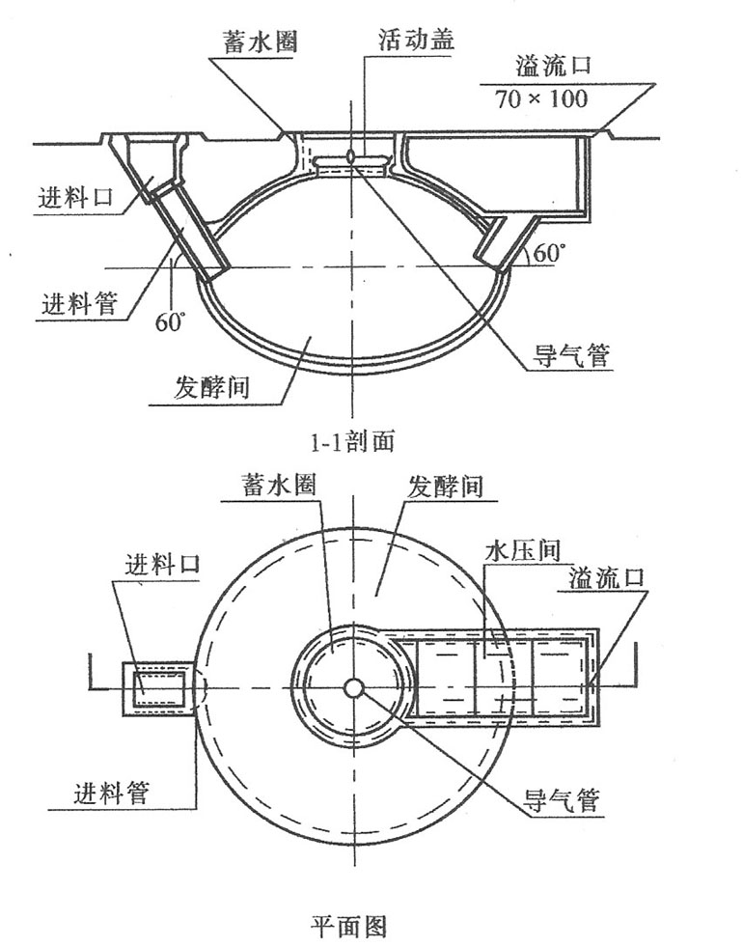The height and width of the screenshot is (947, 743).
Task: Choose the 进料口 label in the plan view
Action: [x=162, y=564]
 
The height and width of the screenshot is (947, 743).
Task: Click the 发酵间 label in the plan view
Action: [x=446, y=484]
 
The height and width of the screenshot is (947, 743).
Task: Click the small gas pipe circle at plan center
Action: [x=353, y=687]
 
